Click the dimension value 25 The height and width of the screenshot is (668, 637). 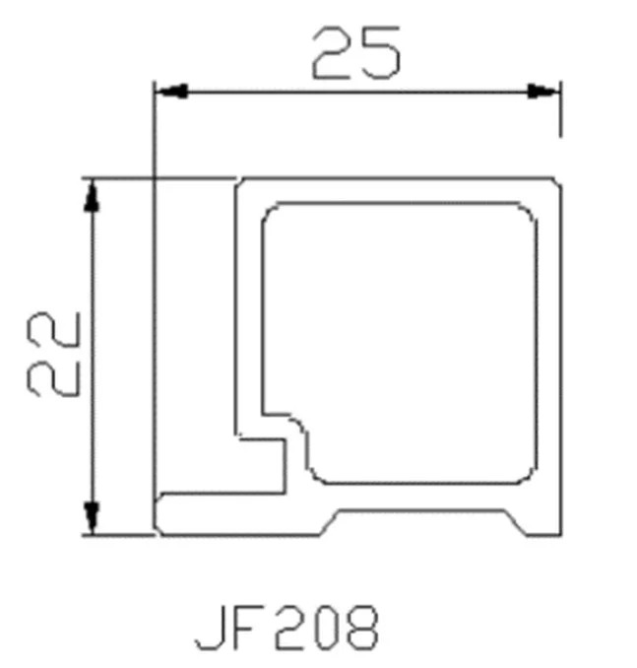[356, 53]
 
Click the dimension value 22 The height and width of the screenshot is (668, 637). [53, 354]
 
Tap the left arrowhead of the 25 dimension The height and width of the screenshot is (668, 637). [171, 92]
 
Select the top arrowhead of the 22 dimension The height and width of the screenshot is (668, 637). [92, 195]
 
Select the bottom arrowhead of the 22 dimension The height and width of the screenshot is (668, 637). [92, 517]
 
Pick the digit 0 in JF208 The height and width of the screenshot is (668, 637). [325, 628]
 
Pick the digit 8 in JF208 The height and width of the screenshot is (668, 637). [362, 628]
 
